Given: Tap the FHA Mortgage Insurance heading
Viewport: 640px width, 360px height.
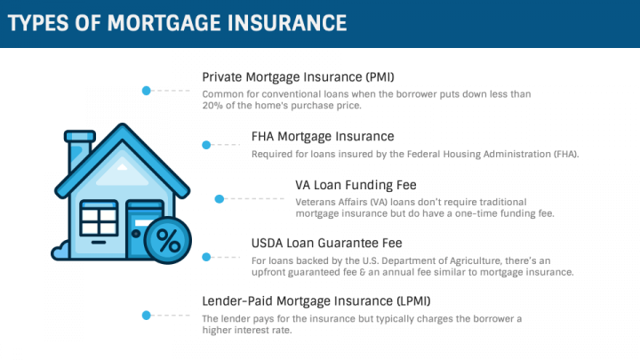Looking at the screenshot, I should point(323,136).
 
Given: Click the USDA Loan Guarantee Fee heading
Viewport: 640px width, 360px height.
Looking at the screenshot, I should point(327,243).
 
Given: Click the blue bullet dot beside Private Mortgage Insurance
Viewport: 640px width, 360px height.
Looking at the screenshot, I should point(147,90).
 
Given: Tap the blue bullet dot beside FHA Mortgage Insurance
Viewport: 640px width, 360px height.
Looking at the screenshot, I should point(206,144).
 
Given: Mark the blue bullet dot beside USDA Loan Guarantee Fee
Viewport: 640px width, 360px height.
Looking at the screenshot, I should point(206,257).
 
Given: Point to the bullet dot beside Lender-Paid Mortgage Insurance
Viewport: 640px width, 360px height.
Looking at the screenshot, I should point(147,314).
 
